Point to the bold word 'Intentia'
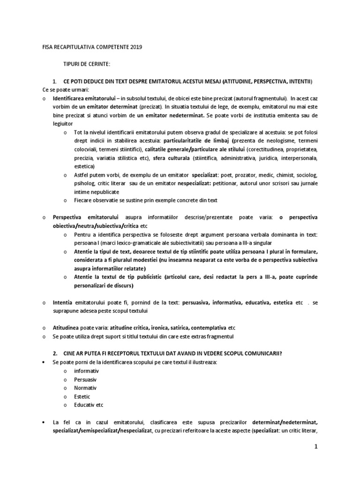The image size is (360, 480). (63, 303)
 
